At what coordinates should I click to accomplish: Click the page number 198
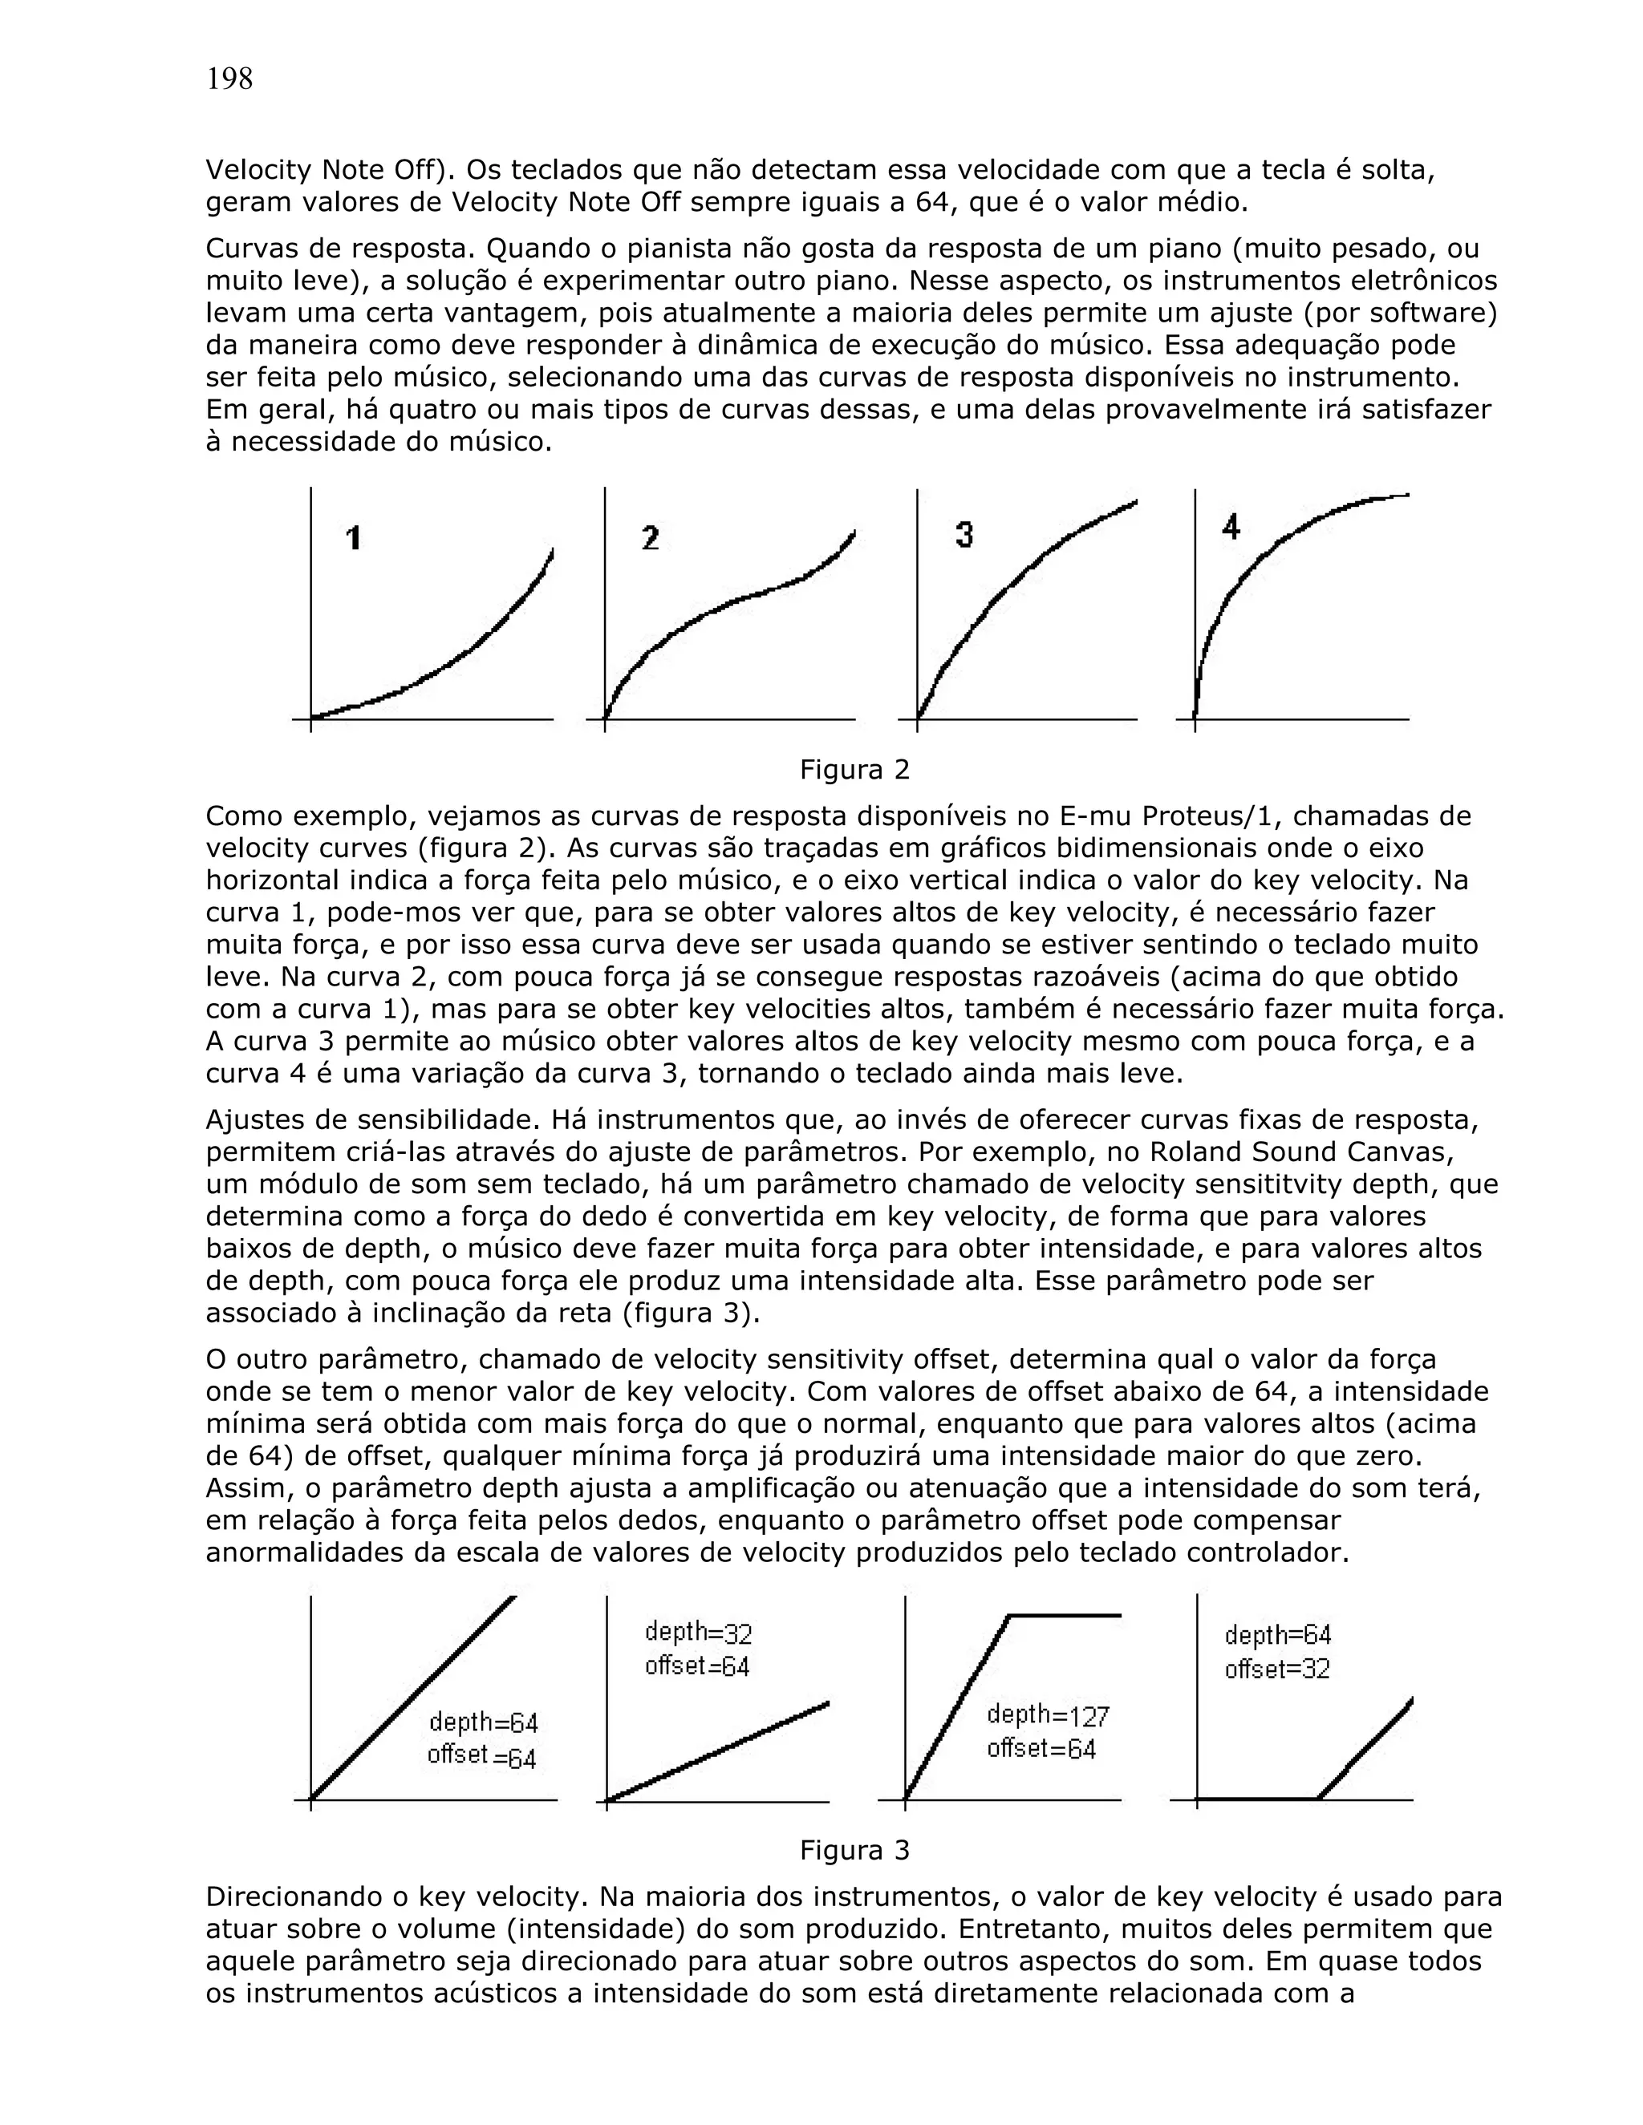[x=229, y=79]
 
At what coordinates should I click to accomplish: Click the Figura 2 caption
[x=854, y=770]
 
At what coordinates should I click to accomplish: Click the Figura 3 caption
[x=854, y=1850]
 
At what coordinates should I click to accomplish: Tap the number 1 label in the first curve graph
[x=355, y=537]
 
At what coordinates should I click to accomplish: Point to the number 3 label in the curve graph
[x=963, y=534]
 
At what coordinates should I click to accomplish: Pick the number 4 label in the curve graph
[x=1231, y=528]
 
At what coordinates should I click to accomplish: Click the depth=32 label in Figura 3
[x=698, y=1632]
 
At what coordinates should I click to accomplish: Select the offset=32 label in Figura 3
[x=1276, y=1669]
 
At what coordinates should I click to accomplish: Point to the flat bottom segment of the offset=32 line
[x=1256, y=1799]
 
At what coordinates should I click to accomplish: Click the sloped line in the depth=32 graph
[x=720, y=1751]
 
